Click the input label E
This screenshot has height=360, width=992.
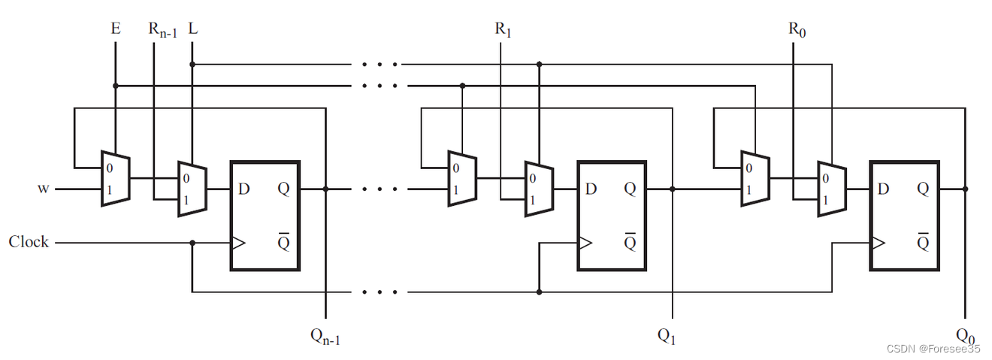pos(115,29)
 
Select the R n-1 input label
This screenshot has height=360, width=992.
pos(162,30)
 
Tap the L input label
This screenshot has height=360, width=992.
pos(193,29)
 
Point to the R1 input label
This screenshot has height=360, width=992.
pos(501,30)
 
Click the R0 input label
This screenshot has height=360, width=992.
pos(794,30)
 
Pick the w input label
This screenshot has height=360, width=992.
pos(43,189)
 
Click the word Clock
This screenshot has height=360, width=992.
pos(29,241)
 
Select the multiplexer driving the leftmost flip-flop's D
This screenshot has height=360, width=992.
pos(192,189)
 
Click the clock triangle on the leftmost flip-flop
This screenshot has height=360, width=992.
pos(237,243)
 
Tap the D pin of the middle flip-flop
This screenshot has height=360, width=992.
pos(591,189)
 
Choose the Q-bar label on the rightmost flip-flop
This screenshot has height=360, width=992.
pos(923,242)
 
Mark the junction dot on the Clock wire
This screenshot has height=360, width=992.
pos(192,243)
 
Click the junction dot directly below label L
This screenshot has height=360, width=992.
pos(192,65)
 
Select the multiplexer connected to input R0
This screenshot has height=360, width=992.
pos(831,189)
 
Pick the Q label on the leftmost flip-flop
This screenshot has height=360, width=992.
pos(283,189)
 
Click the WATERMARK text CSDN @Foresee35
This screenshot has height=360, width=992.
pos(933,349)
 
